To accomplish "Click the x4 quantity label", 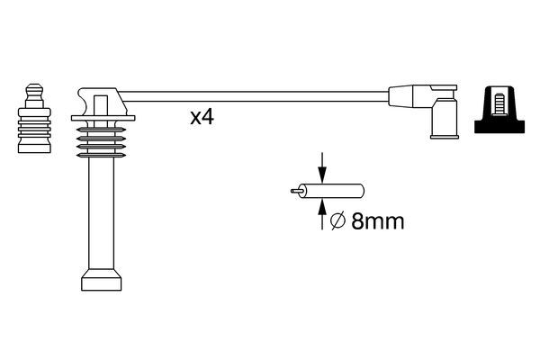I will tap(202, 118).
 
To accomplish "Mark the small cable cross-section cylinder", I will tap(333, 191).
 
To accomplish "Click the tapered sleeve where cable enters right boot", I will tap(400, 94).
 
